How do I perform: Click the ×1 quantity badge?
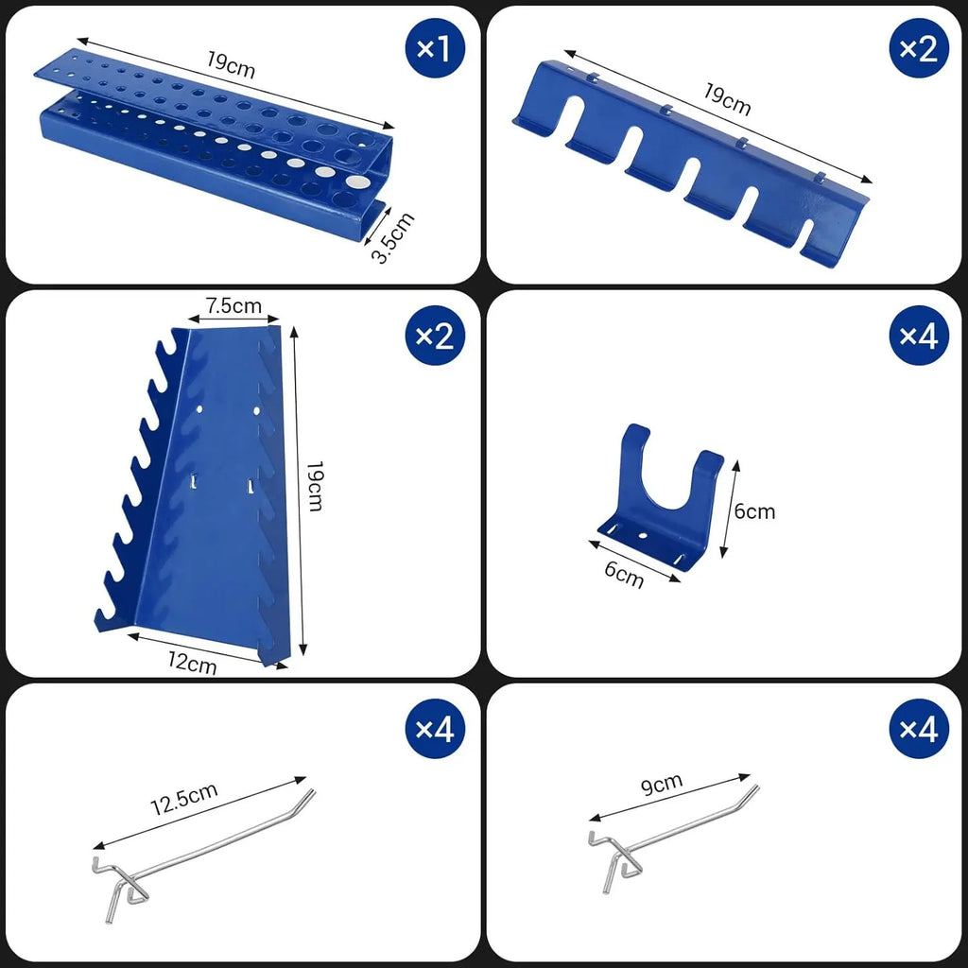pyautogui.click(x=434, y=49)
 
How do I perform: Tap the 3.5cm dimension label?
pyautogui.click(x=391, y=238)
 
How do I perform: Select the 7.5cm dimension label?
pyautogui.click(x=233, y=305)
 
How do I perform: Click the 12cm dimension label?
pyautogui.click(x=193, y=664)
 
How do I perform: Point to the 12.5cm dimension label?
pyautogui.click(x=183, y=802)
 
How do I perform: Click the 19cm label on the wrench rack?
pyautogui.click(x=315, y=486)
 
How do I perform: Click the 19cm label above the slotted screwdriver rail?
pyautogui.click(x=727, y=98)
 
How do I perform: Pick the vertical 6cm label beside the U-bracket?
pyautogui.click(x=754, y=511)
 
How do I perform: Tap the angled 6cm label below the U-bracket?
pyautogui.click(x=624, y=574)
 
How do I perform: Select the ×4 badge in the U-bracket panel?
pyautogui.click(x=917, y=336)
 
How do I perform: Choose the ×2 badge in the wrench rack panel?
pyautogui.click(x=435, y=336)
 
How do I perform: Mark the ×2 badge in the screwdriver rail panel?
pyautogui.click(x=917, y=49)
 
